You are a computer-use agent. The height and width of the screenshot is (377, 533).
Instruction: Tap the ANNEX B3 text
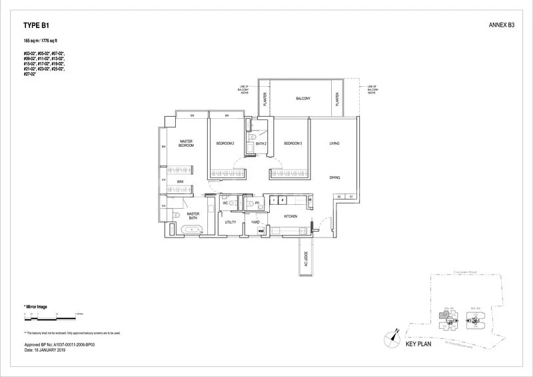(501, 25)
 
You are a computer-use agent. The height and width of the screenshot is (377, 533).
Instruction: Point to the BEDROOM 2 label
(225, 143)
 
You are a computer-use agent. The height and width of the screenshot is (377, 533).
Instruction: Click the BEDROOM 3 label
(293, 143)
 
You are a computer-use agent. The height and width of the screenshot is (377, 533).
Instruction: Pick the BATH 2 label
(261, 143)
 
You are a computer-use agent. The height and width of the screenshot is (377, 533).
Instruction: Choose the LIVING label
(334, 143)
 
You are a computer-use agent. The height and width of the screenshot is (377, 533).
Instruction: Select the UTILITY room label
(231, 222)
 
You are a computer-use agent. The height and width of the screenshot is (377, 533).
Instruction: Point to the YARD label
(255, 222)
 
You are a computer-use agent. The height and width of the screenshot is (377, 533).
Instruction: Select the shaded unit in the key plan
(450, 322)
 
